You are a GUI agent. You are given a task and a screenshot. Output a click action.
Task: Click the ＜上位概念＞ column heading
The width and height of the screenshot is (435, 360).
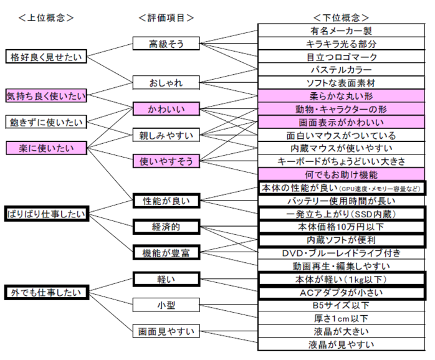pyautogui.click(x=46, y=18)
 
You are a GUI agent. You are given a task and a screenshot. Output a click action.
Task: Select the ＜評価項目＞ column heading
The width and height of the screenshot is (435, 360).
pyautogui.click(x=166, y=18)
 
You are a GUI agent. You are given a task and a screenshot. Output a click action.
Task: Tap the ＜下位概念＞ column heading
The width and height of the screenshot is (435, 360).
pyautogui.click(x=342, y=18)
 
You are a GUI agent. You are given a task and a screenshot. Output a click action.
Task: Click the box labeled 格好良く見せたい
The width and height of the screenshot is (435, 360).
pyautogui.click(x=46, y=57)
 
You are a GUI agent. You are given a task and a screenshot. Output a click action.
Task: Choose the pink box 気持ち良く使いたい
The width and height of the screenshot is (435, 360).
pyautogui.click(x=46, y=96)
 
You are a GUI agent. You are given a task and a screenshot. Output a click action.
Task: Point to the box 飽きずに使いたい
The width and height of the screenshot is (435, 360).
pyautogui.click(x=46, y=122)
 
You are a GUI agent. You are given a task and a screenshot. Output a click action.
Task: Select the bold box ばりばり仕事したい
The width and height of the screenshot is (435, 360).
pyautogui.click(x=47, y=214)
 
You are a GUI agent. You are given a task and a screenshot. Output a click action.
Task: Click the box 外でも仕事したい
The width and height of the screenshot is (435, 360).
pyautogui.click(x=47, y=292)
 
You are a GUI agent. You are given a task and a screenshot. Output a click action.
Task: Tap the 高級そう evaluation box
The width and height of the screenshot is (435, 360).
pyautogui.click(x=166, y=44)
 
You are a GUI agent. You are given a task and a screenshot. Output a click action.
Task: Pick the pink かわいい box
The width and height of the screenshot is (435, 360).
pyautogui.click(x=166, y=109)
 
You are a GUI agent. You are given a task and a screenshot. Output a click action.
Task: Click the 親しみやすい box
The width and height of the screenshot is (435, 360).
pyautogui.click(x=166, y=135)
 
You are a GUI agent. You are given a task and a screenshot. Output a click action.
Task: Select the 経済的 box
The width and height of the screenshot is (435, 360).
pyautogui.click(x=166, y=227)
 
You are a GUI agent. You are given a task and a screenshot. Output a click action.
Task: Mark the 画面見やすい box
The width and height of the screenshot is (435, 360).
pyautogui.click(x=166, y=331)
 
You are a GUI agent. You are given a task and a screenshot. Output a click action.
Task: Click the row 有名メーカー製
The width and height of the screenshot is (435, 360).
pyautogui.click(x=342, y=31)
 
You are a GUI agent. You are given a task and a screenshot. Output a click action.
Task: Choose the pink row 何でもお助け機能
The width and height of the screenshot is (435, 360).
pyautogui.click(x=342, y=174)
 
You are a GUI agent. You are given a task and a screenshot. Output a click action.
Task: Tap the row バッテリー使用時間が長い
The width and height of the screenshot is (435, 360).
pyautogui.click(x=342, y=201)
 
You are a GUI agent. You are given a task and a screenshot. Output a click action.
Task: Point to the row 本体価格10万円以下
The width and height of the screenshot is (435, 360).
pyautogui.click(x=342, y=227)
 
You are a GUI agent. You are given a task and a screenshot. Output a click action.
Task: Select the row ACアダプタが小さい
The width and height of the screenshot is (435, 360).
pyautogui.click(x=342, y=293)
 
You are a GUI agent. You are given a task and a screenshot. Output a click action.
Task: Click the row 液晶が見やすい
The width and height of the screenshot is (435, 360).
pyautogui.click(x=342, y=344)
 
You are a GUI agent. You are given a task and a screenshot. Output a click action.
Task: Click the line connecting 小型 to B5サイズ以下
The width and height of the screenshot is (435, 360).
pyautogui.click(x=229, y=305)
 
